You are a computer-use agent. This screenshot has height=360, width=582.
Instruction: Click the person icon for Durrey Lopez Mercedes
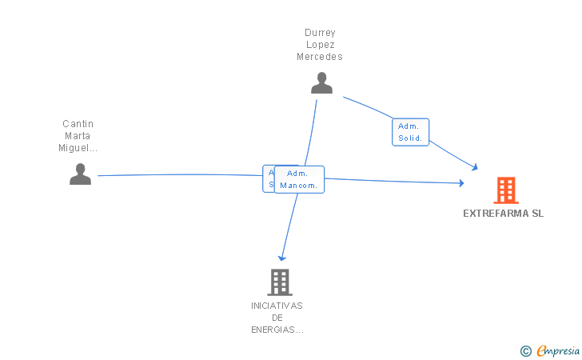[x=321, y=83]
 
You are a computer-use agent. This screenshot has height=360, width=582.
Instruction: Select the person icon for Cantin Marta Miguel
[x=80, y=174]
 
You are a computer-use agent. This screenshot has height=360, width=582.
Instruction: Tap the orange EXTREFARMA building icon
[x=505, y=190]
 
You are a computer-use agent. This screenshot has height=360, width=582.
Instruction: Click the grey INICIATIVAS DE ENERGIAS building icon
[x=279, y=282]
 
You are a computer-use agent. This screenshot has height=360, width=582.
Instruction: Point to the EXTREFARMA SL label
[x=503, y=214]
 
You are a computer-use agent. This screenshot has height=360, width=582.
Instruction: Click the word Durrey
[x=320, y=33]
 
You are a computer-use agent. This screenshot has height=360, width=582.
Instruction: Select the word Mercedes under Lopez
[x=320, y=57]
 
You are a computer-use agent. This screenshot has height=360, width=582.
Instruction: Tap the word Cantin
[x=78, y=124]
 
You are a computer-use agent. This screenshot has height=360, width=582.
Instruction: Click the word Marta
[x=78, y=136]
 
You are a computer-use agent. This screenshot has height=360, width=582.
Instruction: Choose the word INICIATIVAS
[x=277, y=306]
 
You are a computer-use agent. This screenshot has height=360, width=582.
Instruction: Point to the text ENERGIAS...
[x=277, y=330]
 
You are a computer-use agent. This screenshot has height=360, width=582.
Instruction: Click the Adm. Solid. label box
[x=411, y=132]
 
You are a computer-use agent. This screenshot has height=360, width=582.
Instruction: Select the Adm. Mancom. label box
[x=299, y=179]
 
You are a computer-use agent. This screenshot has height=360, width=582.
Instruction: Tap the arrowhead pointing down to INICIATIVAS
[x=281, y=258]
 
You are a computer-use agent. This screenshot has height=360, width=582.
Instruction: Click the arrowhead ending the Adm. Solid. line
[x=475, y=167]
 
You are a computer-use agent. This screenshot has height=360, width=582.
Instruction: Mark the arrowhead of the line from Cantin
[x=461, y=183]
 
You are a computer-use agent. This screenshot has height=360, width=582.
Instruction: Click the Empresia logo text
[x=557, y=350]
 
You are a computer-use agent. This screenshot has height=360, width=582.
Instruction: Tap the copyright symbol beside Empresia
[x=525, y=350]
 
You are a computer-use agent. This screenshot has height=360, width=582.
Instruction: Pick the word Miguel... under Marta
[x=78, y=148]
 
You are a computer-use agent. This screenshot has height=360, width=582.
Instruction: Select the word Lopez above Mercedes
[x=320, y=45]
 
